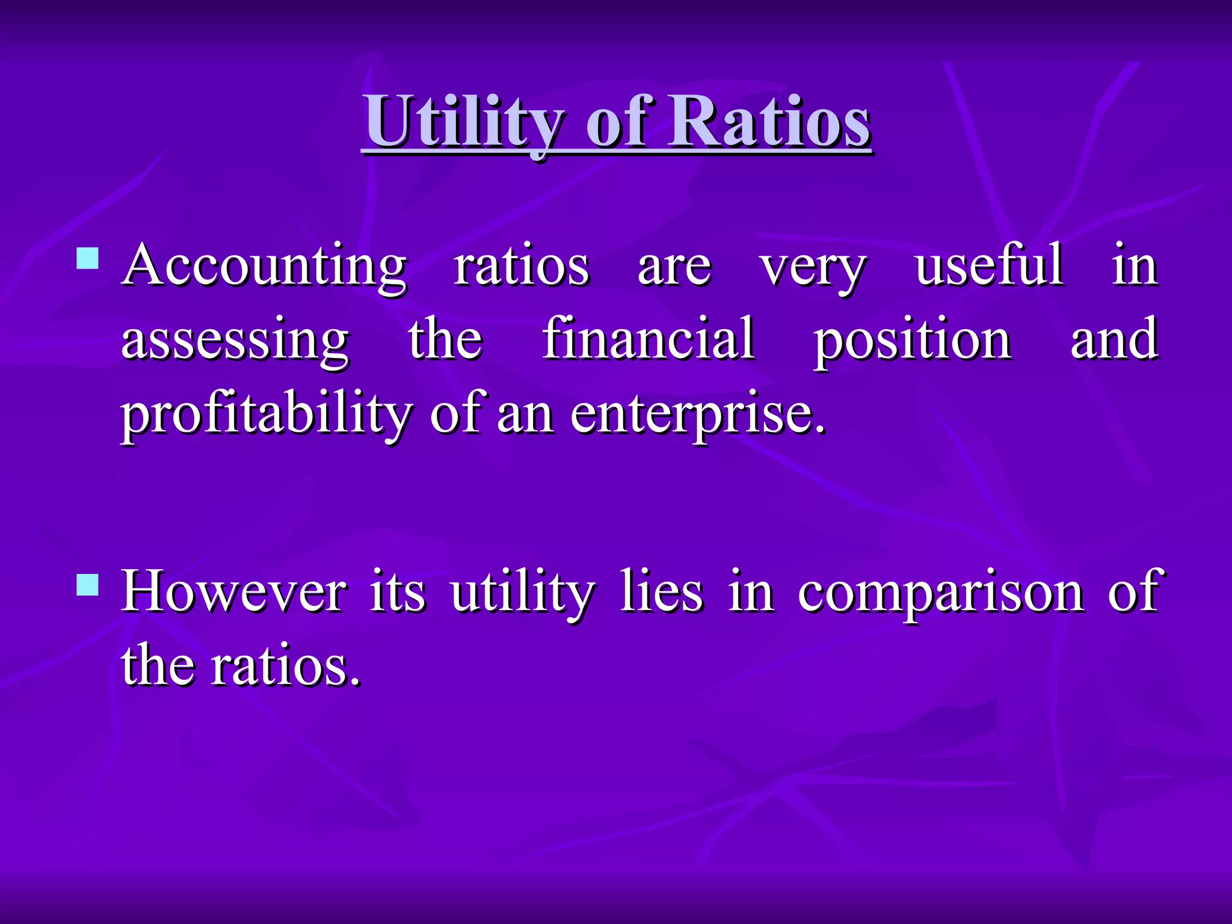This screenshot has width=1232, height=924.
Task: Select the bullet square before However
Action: coord(88,584)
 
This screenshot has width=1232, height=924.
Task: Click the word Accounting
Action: coord(264,267)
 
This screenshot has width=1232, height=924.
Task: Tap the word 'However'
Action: coord(234,592)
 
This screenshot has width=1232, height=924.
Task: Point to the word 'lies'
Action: coord(661,592)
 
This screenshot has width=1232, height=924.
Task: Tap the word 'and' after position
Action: coord(1114,339)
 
